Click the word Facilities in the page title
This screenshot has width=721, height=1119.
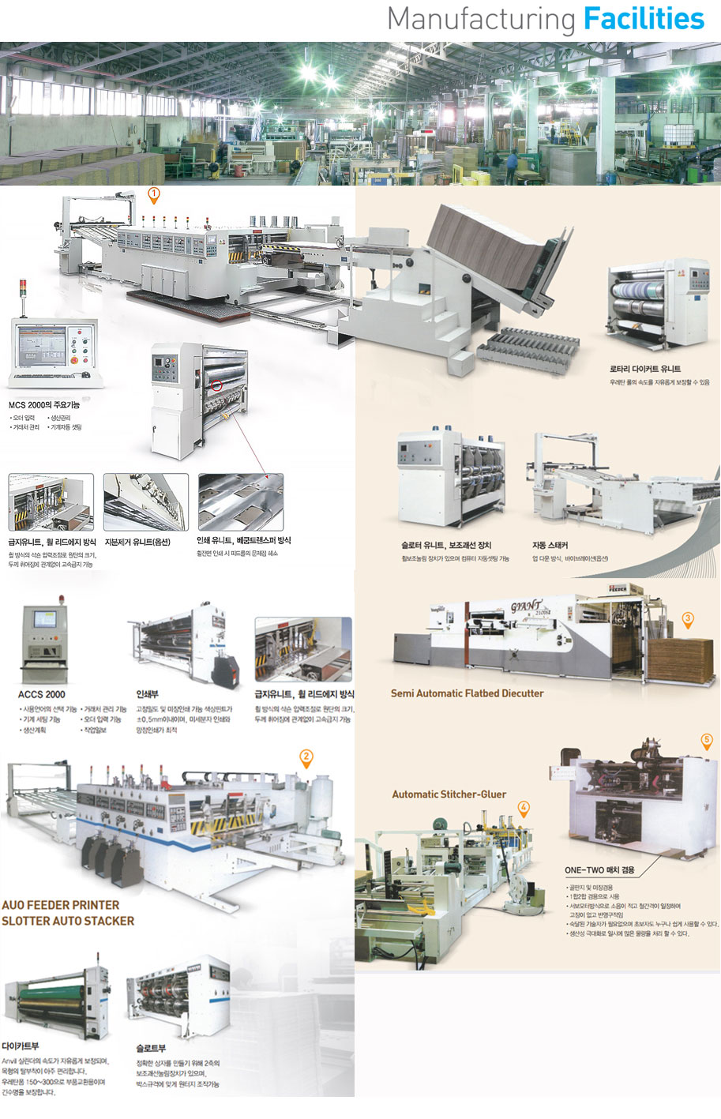(x=643, y=19)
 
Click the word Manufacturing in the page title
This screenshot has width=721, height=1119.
(x=481, y=20)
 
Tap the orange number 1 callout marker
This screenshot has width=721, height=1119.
(x=154, y=193)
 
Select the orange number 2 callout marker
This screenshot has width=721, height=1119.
(x=306, y=757)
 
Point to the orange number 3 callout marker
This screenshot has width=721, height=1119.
(x=688, y=618)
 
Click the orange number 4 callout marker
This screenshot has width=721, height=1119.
(x=523, y=807)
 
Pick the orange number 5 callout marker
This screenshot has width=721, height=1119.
(x=707, y=741)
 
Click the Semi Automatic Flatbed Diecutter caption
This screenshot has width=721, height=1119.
(x=467, y=693)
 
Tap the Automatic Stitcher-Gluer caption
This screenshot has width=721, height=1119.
(x=449, y=794)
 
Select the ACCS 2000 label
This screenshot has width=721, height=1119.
(x=42, y=694)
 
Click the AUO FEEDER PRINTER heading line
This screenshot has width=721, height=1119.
(x=61, y=905)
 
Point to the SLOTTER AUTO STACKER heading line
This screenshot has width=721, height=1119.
(x=68, y=921)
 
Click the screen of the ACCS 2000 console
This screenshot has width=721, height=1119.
(x=45, y=618)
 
